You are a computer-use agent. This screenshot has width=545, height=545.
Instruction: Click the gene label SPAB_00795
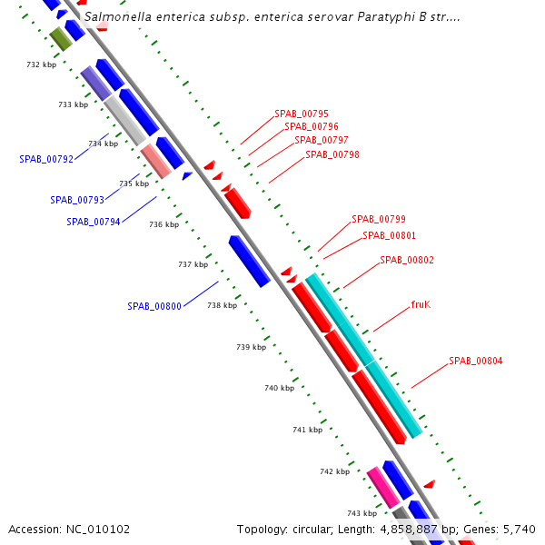coord(302,114)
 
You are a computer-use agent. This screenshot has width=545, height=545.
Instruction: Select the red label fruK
coord(421,304)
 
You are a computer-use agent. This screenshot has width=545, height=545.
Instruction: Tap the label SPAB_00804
coord(475,361)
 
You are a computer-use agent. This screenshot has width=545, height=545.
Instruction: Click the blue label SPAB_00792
coord(46,159)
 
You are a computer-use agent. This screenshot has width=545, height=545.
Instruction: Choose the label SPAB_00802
coord(407,260)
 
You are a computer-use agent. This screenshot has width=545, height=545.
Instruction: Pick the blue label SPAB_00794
coord(94,222)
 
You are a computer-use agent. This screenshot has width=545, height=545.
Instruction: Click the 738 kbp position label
coord(222,306)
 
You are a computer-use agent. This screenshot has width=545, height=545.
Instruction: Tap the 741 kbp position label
coord(307,430)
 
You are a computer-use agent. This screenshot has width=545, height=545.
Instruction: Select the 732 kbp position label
coord(42,65)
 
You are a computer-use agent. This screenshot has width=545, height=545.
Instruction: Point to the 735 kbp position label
coord(134,183)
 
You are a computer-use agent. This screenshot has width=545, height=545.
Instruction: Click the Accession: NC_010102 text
coord(69,529)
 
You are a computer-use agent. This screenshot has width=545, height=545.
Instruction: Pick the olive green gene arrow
coord(61,38)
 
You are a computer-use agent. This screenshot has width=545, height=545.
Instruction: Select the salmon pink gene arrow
coord(156,161)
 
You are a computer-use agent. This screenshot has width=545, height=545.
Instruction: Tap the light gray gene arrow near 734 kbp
coord(124,121)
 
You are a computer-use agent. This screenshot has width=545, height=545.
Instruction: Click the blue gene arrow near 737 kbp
coord(249,261)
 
